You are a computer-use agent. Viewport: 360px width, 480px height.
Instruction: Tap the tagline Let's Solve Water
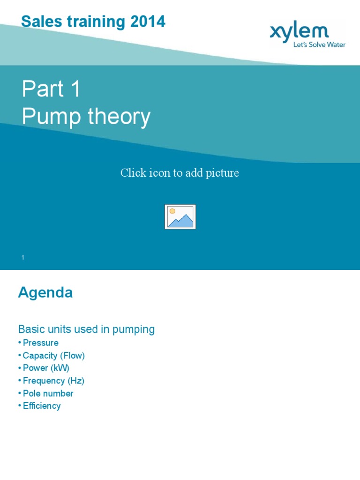pos(319,45)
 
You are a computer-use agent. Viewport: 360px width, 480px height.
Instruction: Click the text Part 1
pos(51,89)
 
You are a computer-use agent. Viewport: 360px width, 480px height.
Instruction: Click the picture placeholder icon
pos(180,217)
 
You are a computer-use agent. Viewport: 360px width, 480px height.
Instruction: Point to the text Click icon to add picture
pos(180,173)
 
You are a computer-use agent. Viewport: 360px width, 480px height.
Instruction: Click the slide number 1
pos(22,257)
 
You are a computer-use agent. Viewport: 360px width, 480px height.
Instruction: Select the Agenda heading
pos(45,293)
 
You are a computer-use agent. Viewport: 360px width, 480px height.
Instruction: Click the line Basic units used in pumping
pos(86,330)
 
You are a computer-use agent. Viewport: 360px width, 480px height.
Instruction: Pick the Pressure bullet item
pos(40,343)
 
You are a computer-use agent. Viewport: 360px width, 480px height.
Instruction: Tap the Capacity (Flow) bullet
pos(53,355)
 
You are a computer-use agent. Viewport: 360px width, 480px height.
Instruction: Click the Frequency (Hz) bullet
pos(53,381)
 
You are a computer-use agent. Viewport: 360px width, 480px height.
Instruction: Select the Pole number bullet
pos(48,393)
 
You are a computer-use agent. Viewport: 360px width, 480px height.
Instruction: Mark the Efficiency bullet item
pos(42,406)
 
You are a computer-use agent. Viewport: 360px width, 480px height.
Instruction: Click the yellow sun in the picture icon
pos(172,211)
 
